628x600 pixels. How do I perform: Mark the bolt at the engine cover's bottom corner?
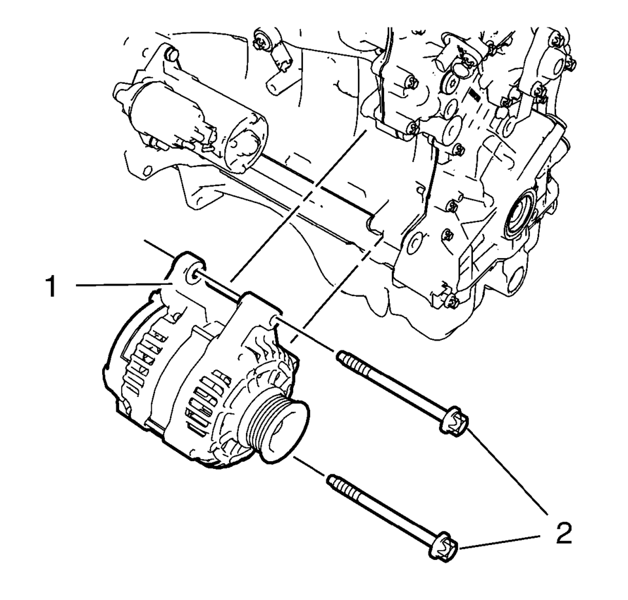click(450, 301)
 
